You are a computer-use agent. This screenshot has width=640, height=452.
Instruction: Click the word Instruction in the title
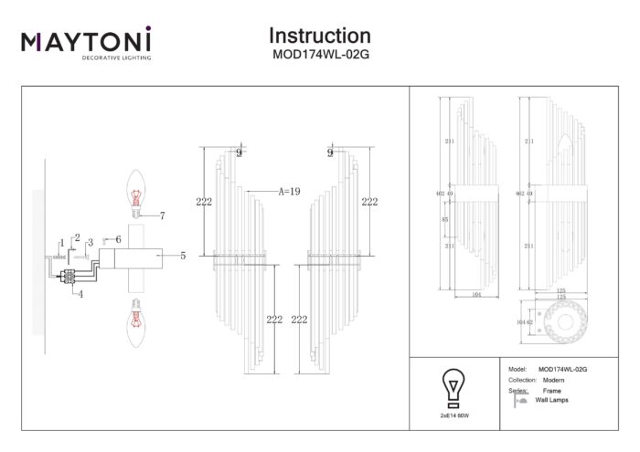coord(319,36)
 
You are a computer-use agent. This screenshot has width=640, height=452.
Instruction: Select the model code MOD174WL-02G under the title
coord(319,54)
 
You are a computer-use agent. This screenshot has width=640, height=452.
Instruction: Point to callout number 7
coord(162,216)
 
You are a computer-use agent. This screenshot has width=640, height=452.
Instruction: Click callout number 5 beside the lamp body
coord(183,257)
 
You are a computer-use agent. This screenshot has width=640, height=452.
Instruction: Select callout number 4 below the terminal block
coord(80,294)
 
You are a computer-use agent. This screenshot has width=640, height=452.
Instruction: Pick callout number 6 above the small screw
coord(118,239)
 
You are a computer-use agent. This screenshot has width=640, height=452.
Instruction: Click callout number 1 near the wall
coord(61,242)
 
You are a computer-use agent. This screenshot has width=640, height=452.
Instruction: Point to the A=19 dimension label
coord(289,192)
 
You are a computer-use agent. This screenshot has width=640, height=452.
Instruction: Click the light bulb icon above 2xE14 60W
coord(452,387)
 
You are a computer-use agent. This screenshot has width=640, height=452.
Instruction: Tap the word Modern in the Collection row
coord(551,379)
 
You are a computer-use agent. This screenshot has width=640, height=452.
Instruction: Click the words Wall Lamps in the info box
coord(552,401)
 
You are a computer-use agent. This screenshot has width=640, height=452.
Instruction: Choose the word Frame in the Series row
coord(552,390)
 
